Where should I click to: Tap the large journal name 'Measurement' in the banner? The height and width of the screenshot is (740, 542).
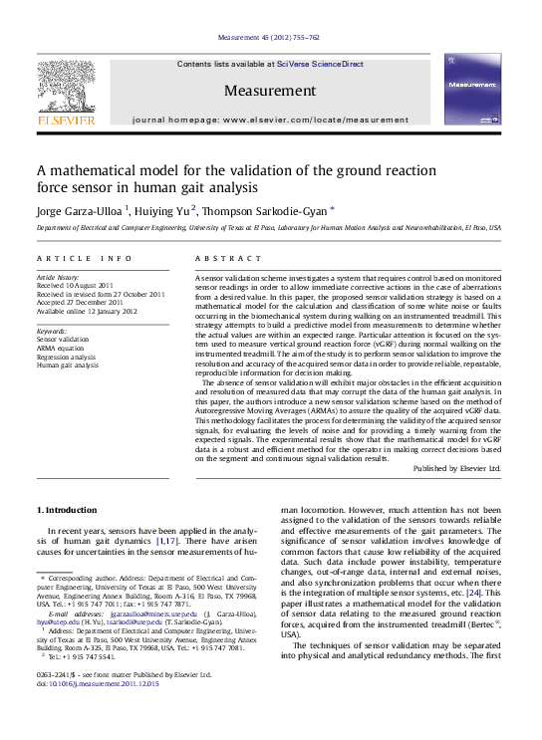[x=270, y=91]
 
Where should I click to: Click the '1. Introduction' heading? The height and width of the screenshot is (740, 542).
[x=67, y=510]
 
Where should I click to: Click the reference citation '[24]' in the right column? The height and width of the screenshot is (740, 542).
[x=474, y=593]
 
